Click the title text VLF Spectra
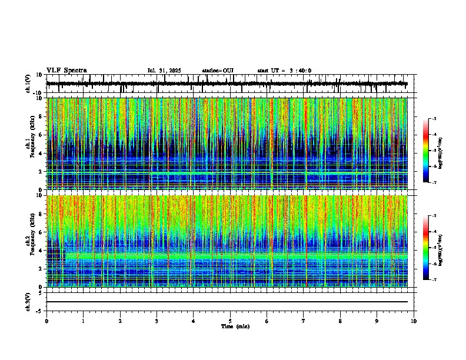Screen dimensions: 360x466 point(66,70)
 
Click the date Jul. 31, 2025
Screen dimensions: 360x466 point(164,71)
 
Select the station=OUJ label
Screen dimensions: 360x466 point(218,71)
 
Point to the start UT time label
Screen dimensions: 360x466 point(284,71)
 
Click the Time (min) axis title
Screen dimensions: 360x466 point(231,326)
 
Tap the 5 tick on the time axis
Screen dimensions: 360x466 point(230,321)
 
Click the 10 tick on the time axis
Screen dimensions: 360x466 point(414,321)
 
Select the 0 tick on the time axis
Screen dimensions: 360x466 point(46,321)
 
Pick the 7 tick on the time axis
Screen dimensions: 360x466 point(304,321)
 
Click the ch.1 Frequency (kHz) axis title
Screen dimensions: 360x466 point(29,144)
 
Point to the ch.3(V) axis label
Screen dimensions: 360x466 point(29,300)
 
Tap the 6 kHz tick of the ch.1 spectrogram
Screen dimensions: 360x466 point(41,135)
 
